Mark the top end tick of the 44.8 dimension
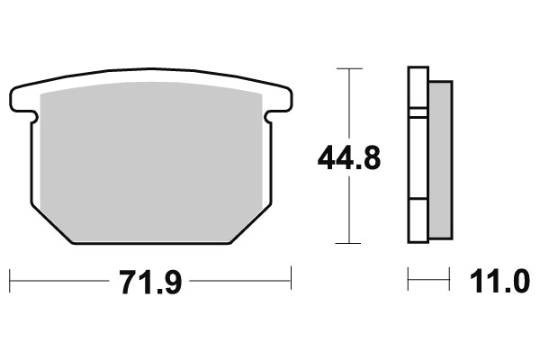pyautogui.click(x=348, y=68)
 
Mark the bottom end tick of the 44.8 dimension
pyautogui.click(x=348, y=243)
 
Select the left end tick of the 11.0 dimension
pyautogui.click(x=409, y=279)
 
